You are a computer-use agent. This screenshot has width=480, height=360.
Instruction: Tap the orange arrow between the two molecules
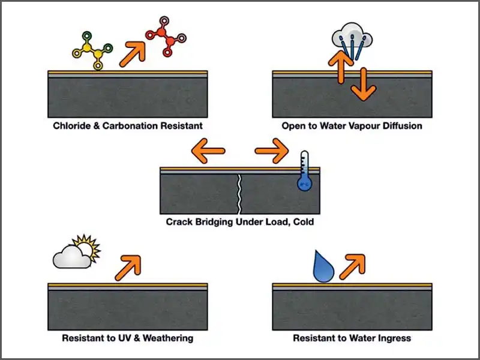tap(133, 53)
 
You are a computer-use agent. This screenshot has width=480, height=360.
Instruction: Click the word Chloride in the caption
tap(71, 126)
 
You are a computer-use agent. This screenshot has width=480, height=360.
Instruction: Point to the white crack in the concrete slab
tap(240, 193)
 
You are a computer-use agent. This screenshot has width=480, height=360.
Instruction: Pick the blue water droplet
tap(323, 267)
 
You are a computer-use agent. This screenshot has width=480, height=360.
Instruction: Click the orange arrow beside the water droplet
tap(352, 266)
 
